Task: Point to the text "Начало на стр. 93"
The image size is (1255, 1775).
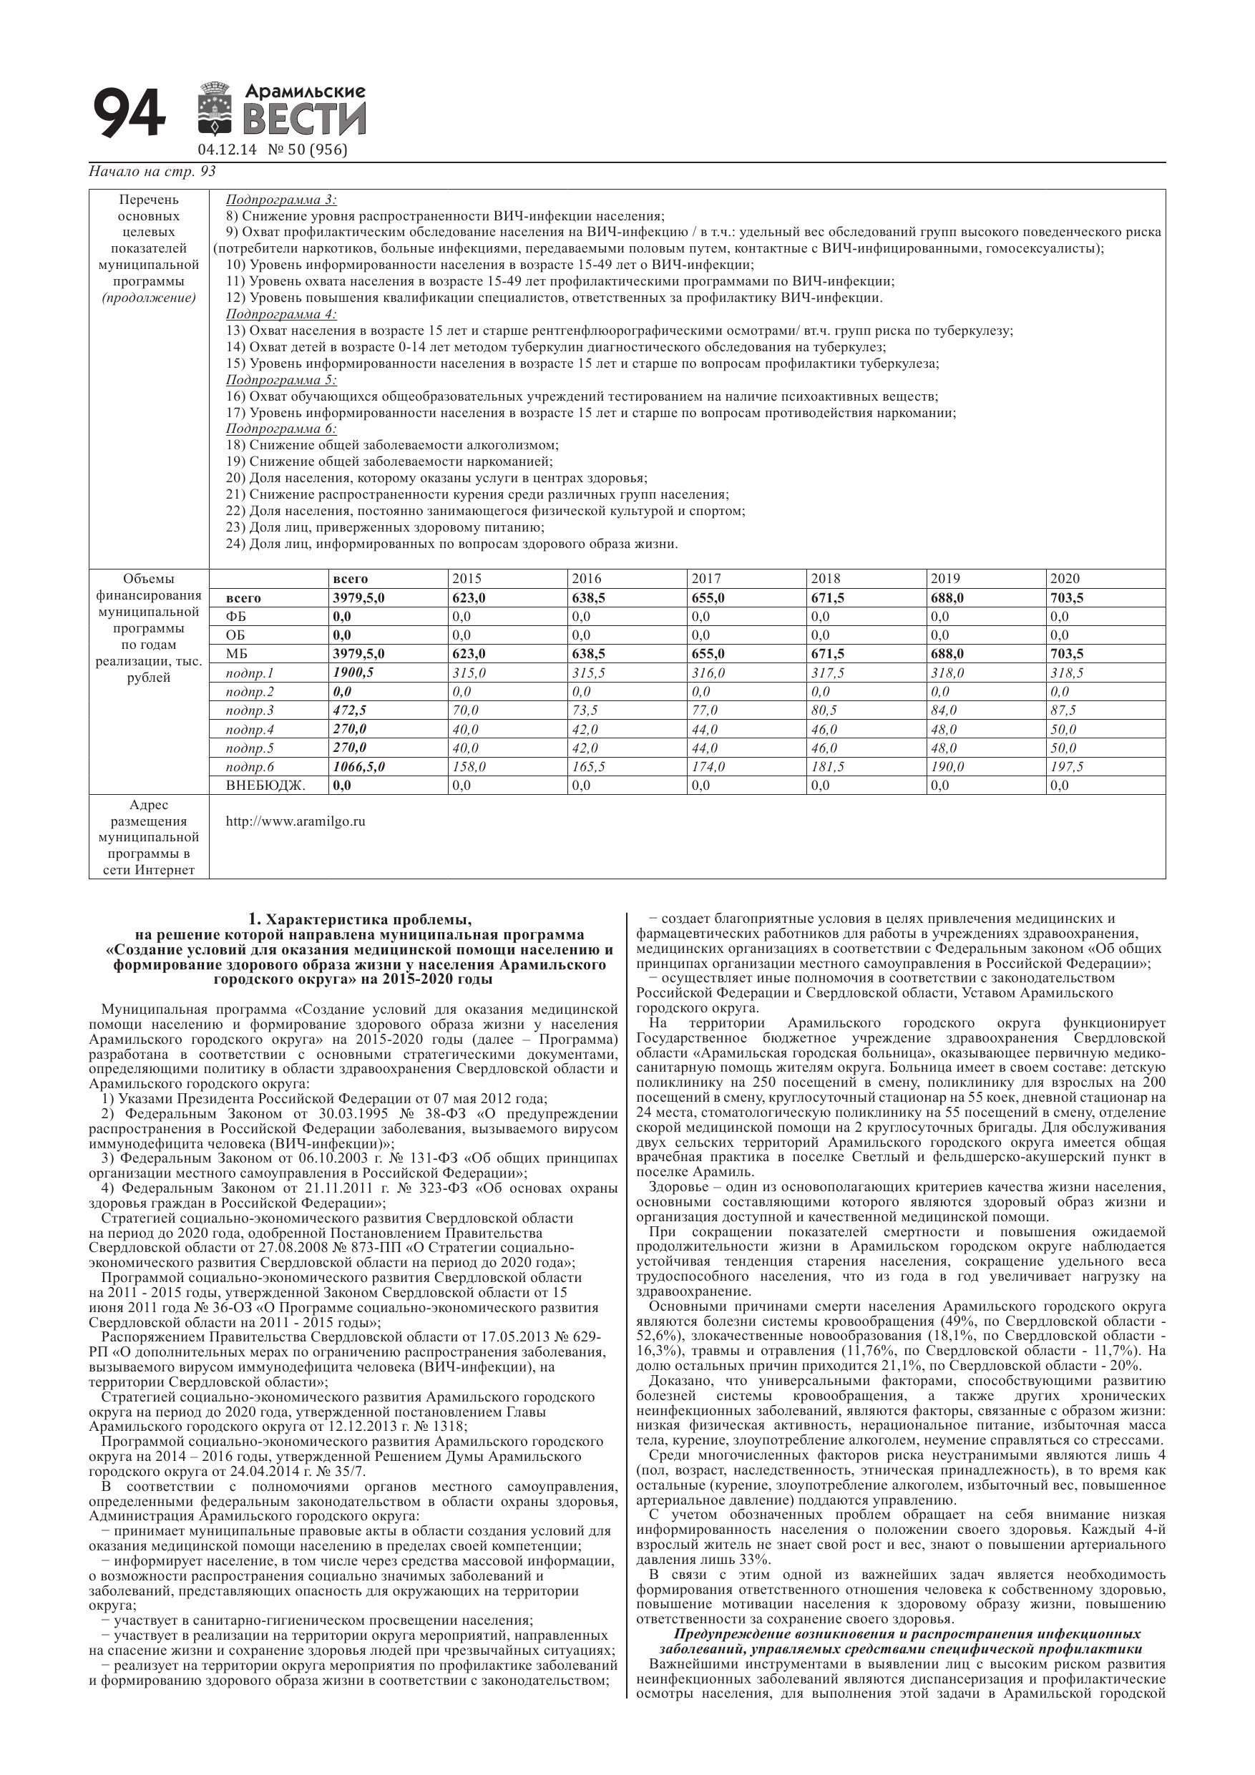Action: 152,172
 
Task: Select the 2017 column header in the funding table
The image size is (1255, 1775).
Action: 706,578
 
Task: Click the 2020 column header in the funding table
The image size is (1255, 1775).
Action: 1065,578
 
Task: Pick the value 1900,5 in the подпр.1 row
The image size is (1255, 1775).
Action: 353,673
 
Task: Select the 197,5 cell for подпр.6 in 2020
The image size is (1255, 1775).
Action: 1067,767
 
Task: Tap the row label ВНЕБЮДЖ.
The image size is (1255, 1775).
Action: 265,786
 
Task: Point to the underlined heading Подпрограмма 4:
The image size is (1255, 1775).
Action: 281,314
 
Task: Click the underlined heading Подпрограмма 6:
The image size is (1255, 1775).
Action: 281,429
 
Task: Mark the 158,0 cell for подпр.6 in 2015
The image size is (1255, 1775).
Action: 469,767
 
